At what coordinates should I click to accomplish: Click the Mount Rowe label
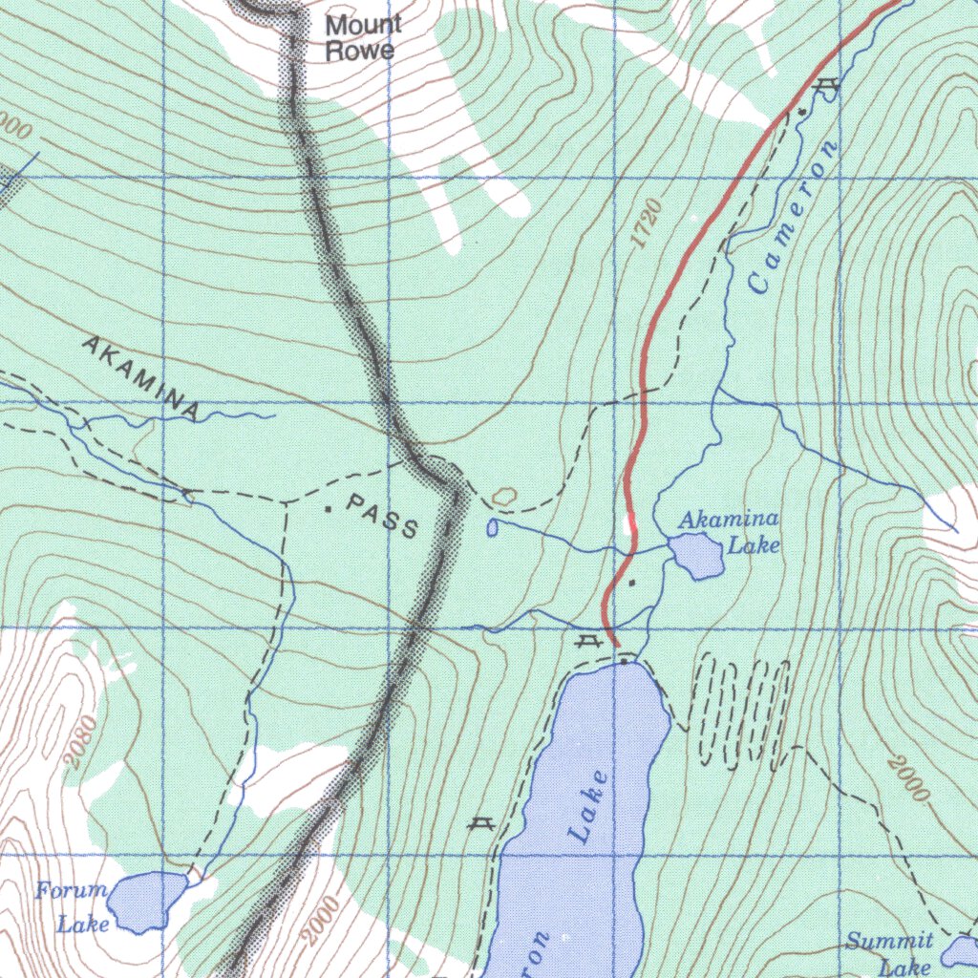(363, 38)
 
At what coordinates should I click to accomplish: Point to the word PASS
(383, 515)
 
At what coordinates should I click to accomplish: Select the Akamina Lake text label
(731, 532)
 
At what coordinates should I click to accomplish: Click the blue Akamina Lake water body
(696, 556)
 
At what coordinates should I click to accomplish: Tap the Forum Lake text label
(73, 906)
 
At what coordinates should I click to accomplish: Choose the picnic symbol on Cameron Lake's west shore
(480, 824)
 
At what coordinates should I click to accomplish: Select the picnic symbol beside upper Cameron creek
(827, 86)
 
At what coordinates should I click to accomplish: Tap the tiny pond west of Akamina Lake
(492, 527)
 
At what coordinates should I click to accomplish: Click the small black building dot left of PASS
(328, 509)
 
